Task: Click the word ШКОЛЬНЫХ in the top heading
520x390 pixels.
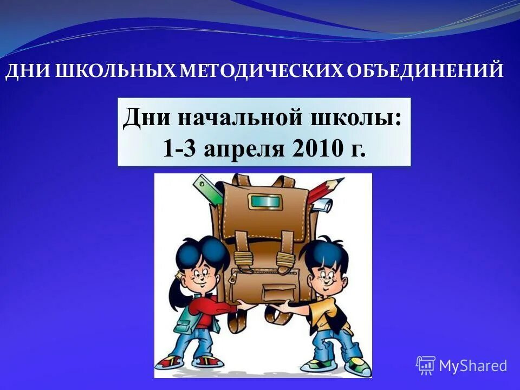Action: tap(113, 71)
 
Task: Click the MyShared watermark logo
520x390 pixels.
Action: tap(461, 365)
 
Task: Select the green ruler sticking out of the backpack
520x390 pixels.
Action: tap(206, 187)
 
